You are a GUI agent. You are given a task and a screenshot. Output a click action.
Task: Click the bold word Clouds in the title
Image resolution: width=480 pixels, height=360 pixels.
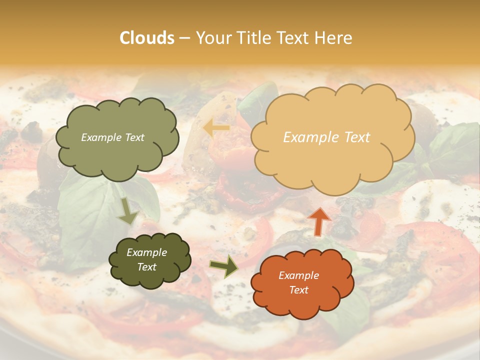click(x=147, y=38)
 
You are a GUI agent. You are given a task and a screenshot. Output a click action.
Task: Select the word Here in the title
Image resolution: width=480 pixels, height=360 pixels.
click(x=335, y=38)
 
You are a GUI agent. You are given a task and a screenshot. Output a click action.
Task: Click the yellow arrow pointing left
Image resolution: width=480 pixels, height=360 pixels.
click(x=216, y=128)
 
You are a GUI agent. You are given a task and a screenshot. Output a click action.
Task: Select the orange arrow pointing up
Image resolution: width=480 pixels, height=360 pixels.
click(x=319, y=221)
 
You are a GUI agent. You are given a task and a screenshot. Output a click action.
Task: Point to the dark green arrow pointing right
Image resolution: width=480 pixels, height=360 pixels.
click(x=224, y=265)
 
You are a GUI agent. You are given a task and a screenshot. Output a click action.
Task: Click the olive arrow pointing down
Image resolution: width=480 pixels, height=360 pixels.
click(x=128, y=210)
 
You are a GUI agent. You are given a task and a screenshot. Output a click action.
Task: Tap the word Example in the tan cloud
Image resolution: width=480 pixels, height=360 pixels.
click(x=305, y=137)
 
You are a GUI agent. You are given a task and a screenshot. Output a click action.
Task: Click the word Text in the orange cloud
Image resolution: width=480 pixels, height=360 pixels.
click(x=298, y=290)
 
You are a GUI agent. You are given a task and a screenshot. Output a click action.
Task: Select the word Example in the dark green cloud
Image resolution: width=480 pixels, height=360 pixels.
click(x=146, y=252)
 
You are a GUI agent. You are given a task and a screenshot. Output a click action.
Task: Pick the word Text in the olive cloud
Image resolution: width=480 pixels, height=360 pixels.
click(x=133, y=137)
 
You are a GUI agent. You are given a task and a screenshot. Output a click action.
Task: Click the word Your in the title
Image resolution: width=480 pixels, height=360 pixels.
click(x=211, y=38)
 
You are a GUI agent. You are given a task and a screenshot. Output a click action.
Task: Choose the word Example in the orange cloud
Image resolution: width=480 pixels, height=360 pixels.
click(x=298, y=275)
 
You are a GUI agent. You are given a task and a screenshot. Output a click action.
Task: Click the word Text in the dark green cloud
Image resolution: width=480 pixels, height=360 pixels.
click(x=146, y=267)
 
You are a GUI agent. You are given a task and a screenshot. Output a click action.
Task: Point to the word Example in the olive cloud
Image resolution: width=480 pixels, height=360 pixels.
click(x=101, y=137)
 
